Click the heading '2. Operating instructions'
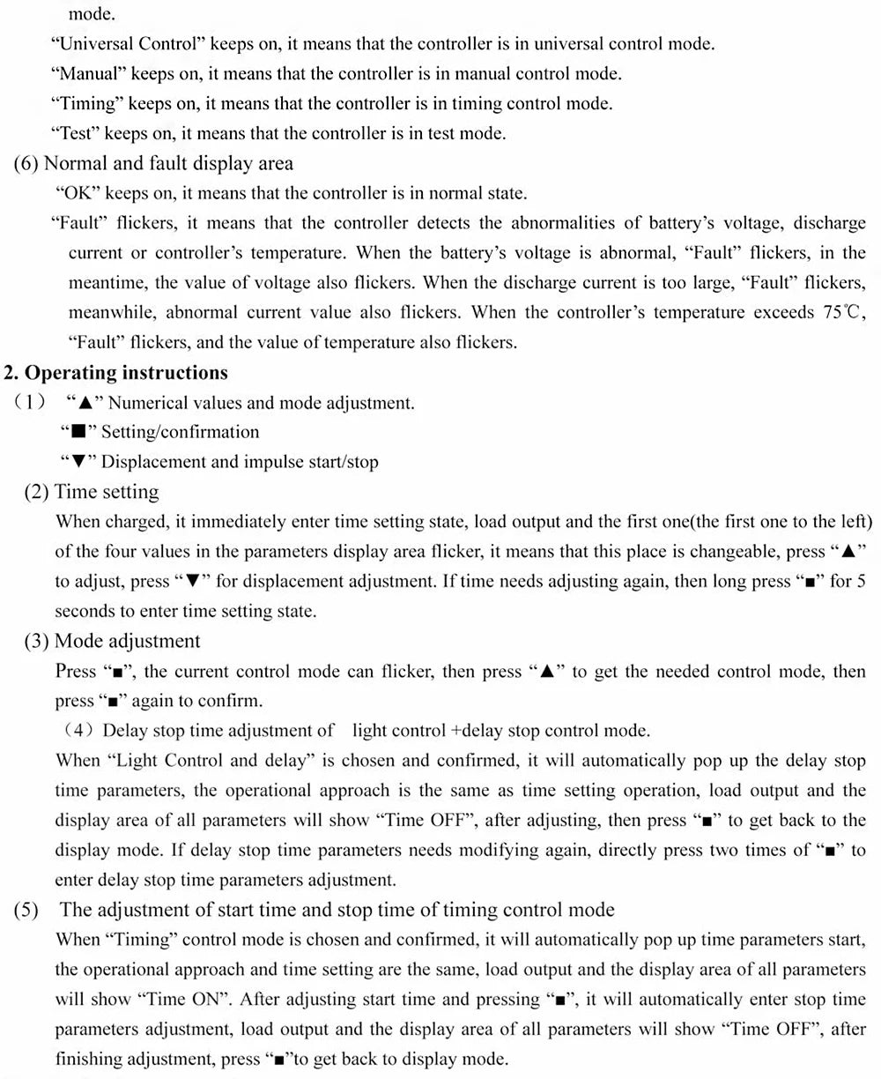[116, 373]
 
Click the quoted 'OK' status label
[78, 194]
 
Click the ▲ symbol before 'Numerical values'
[85, 404]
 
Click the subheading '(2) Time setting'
[91, 492]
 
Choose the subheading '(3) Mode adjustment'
[112, 641]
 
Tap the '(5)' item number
[26, 910]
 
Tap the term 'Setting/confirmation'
[181, 433]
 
